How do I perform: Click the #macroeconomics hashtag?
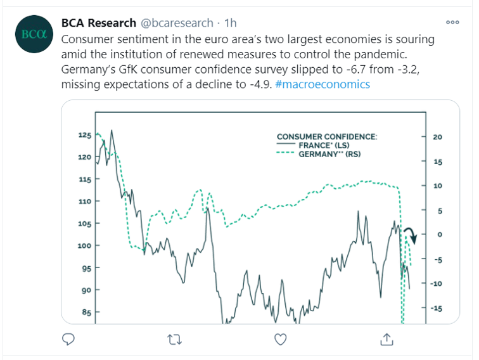(323, 84)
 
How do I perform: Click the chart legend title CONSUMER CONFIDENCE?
(326, 136)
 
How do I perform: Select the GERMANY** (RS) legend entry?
(339, 153)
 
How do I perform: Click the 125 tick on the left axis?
(85, 135)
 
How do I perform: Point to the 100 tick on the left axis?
(85, 245)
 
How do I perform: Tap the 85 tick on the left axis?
(85, 312)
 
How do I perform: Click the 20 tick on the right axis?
(437, 137)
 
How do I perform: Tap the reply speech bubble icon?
(69, 340)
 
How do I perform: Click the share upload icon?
(386, 340)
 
